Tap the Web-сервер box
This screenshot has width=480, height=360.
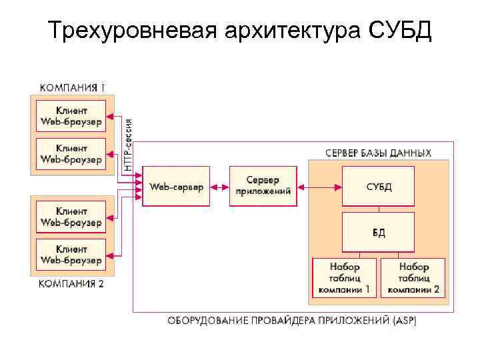pyautogui.click(x=176, y=186)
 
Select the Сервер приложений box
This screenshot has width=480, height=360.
pyautogui.click(x=263, y=186)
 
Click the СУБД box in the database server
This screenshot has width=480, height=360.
pyautogui.click(x=378, y=186)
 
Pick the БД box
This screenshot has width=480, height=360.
pyautogui.click(x=378, y=231)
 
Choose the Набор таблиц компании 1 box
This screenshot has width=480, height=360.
pyautogui.click(x=344, y=277)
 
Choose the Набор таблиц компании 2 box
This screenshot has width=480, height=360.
pyautogui.click(x=413, y=277)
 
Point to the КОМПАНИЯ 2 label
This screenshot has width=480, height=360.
pyautogui.click(x=72, y=284)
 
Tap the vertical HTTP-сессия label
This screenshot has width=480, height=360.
pyautogui.click(x=128, y=145)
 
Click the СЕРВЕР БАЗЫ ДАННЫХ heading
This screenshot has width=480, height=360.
pyautogui.click(x=378, y=153)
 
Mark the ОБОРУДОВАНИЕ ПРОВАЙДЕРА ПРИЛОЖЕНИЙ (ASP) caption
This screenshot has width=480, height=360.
pyautogui.click(x=292, y=321)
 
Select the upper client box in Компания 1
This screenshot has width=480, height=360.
pyautogui.click(x=71, y=115)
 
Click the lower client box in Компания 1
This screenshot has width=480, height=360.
pyautogui.click(x=71, y=153)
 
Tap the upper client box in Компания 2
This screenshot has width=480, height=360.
pyautogui.click(x=71, y=217)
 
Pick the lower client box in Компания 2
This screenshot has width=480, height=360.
pyautogui.click(x=71, y=254)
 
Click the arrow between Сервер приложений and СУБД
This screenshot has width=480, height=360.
pyautogui.click(x=319, y=186)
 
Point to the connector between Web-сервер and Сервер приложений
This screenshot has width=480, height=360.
pyautogui.click(x=219, y=186)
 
